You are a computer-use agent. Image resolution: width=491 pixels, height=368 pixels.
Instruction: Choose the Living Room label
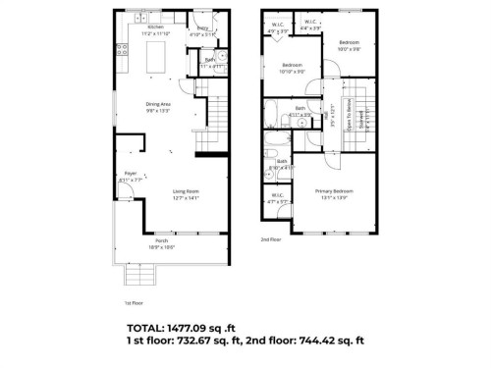click(186, 194)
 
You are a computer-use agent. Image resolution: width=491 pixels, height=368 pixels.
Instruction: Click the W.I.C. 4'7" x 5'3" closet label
click(278, 198)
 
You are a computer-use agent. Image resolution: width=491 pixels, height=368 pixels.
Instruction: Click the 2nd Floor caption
click(270, 239)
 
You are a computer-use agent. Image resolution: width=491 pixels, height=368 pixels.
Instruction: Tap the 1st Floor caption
click(134, 304)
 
